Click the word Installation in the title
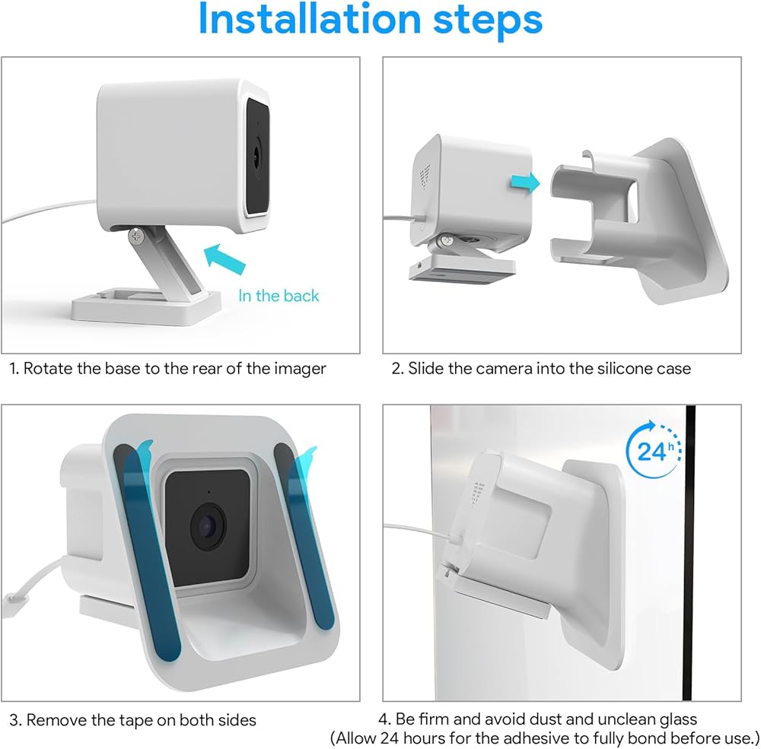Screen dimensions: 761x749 click(x=310, y=20)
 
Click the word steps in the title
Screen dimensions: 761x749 click(x=487, y=21)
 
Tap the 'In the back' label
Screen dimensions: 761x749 click(x=279, y=296)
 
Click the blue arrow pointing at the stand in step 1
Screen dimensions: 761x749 click(x=224, y=259)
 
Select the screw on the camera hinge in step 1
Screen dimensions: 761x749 click(x=136, y=236)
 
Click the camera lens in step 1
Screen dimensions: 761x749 click(x=256, y=156)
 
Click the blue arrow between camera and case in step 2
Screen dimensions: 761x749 click(x=525, y=183)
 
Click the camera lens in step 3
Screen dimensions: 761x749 click(x=208, y=527)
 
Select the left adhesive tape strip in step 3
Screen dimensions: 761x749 click(x=147, y=552)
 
